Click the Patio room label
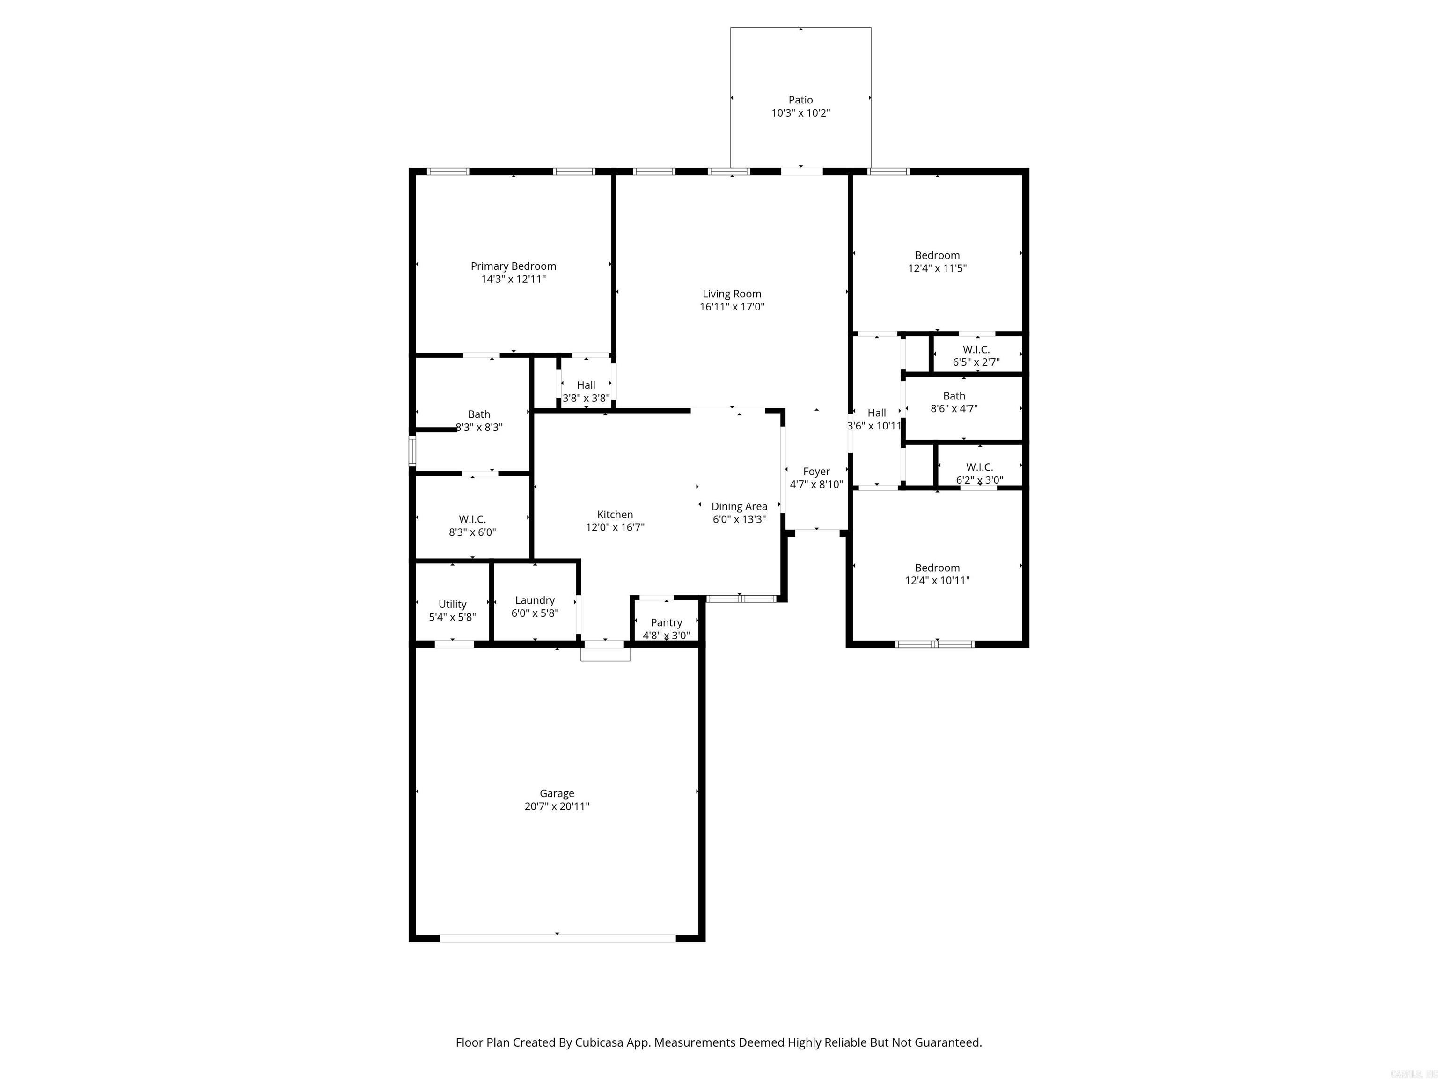click(x=800, y=99)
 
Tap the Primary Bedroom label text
click(x=513, y=266)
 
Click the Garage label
click(x=557, y=793)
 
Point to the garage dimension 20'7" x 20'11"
click(x=557, y=806)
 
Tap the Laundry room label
click(x=535, y=600)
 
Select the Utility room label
click(x=452, y=604)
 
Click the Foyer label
click(x=816, y=472)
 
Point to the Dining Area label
click(x=739, y=506)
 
